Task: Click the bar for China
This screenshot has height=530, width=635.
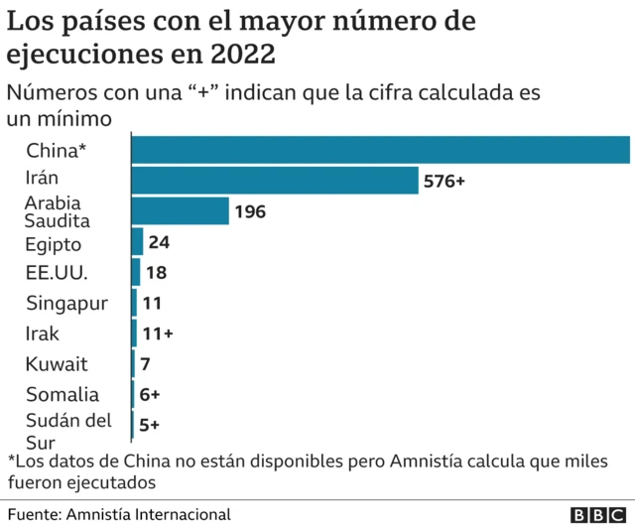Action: [x=381, y=149]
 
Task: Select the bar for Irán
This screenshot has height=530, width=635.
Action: [x=275, y=181]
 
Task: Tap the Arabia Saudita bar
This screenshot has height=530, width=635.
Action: [x=181, y=210]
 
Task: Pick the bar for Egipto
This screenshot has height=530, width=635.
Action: [x=138, y=241]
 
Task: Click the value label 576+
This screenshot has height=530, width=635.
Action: [x=444, y=182]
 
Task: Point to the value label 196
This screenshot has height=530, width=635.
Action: [x=249, y=211]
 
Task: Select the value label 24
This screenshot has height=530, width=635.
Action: [x=159, y=242]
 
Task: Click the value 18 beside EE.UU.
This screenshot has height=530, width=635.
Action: [x=156, y=273]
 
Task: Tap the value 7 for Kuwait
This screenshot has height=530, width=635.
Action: [x=145, y=364]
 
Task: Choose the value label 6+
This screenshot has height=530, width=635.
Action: [x=150, y=394]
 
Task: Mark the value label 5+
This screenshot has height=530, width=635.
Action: [x=149, y=424]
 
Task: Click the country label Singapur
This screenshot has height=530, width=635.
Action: [x=66, y=303]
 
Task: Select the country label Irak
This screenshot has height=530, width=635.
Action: [x=43, y=333]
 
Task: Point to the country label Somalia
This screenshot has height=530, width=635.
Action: [x=63, y=394]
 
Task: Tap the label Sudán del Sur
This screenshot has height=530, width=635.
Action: [x=67, y=431]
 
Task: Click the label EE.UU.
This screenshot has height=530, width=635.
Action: [x=58, y=273]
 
